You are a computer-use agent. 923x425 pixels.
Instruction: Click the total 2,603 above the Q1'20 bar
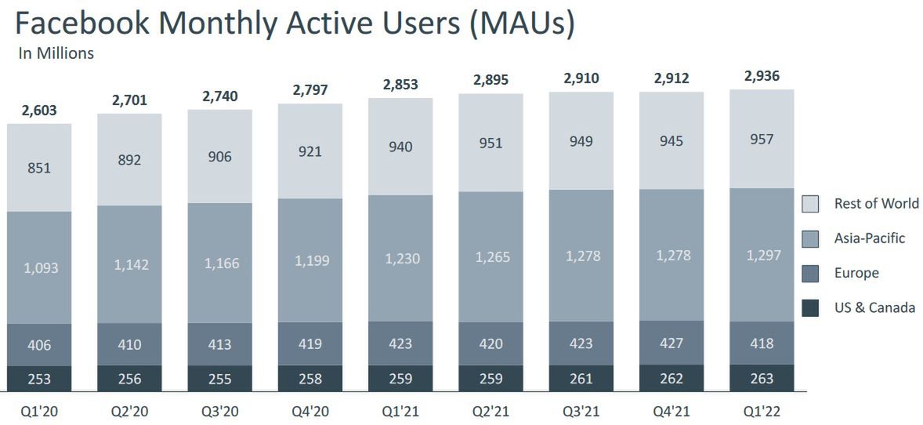tap(40, 111)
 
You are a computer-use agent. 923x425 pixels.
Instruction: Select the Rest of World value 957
tap(761, 140)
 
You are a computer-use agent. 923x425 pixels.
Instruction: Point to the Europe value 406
tap(39, 345)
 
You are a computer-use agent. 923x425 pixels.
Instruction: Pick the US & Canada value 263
tap(761, 379)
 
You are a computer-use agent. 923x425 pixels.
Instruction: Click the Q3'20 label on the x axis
tap(220, 409)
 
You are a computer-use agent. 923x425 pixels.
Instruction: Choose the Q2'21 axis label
tap(490, 409)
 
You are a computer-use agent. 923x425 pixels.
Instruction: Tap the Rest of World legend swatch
tap(810, 205)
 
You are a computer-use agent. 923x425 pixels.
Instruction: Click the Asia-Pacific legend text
tap(869, 238)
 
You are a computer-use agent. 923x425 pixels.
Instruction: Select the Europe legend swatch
tap(810, 274)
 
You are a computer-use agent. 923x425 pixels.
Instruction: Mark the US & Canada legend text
tap(874, 307)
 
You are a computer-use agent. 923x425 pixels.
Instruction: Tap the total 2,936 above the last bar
tap(761, 76)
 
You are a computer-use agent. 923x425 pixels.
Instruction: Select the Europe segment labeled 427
tap(671, 343)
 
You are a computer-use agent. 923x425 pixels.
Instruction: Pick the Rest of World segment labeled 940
tap(400, 147)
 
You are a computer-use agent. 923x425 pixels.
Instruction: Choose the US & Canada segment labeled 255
tap(220, 379)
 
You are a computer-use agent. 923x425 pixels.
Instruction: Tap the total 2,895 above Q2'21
tap(490, 80)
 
